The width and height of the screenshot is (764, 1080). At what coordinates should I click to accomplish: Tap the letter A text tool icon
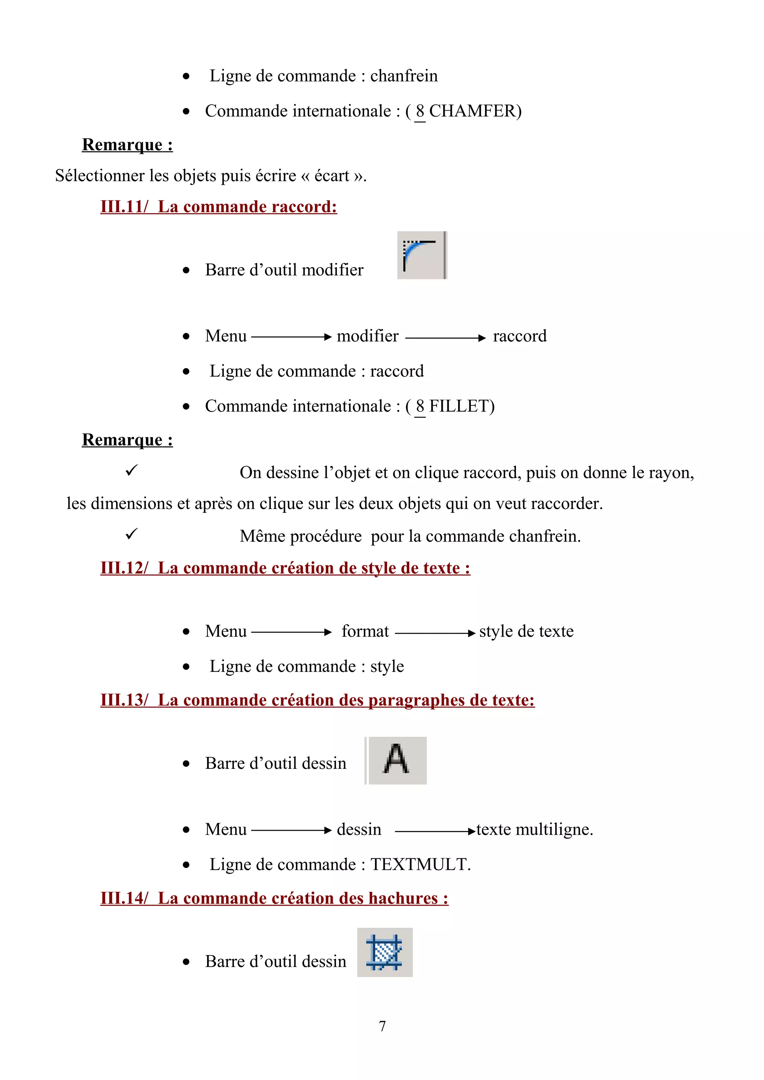[397, 760]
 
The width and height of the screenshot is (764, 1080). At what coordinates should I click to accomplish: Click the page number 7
[382, 1026]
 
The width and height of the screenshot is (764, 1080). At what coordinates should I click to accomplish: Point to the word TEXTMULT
[419, 865]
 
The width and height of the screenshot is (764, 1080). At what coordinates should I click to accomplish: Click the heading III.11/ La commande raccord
[219, 207]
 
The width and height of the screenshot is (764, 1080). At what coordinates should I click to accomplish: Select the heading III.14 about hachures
[274, 899]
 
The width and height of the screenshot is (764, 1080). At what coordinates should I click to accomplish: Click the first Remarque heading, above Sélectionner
[127, 145]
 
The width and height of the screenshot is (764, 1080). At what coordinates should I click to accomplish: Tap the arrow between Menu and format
[291, 633]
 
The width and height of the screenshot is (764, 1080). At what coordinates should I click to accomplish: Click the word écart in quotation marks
[332, 176]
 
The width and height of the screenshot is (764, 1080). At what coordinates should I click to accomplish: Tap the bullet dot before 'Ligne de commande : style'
[187, 667]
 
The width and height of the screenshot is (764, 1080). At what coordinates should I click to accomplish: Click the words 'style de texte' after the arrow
[526, 631]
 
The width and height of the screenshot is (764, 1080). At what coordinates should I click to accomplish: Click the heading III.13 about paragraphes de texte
[317, 700]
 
